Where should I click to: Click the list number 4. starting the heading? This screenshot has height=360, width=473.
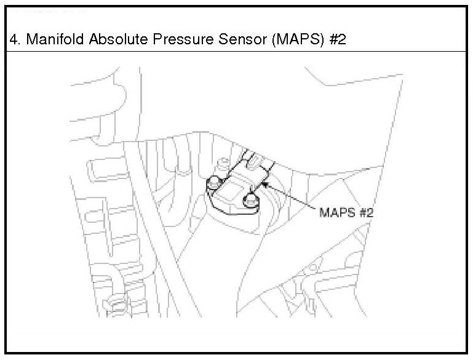[15, 39]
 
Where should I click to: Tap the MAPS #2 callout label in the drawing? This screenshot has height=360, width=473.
[346, 213]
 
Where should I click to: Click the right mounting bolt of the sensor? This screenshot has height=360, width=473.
[250, 199]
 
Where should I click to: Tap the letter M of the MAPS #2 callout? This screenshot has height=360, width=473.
[324, 213]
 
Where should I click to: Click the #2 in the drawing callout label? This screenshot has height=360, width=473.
[366, 213]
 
